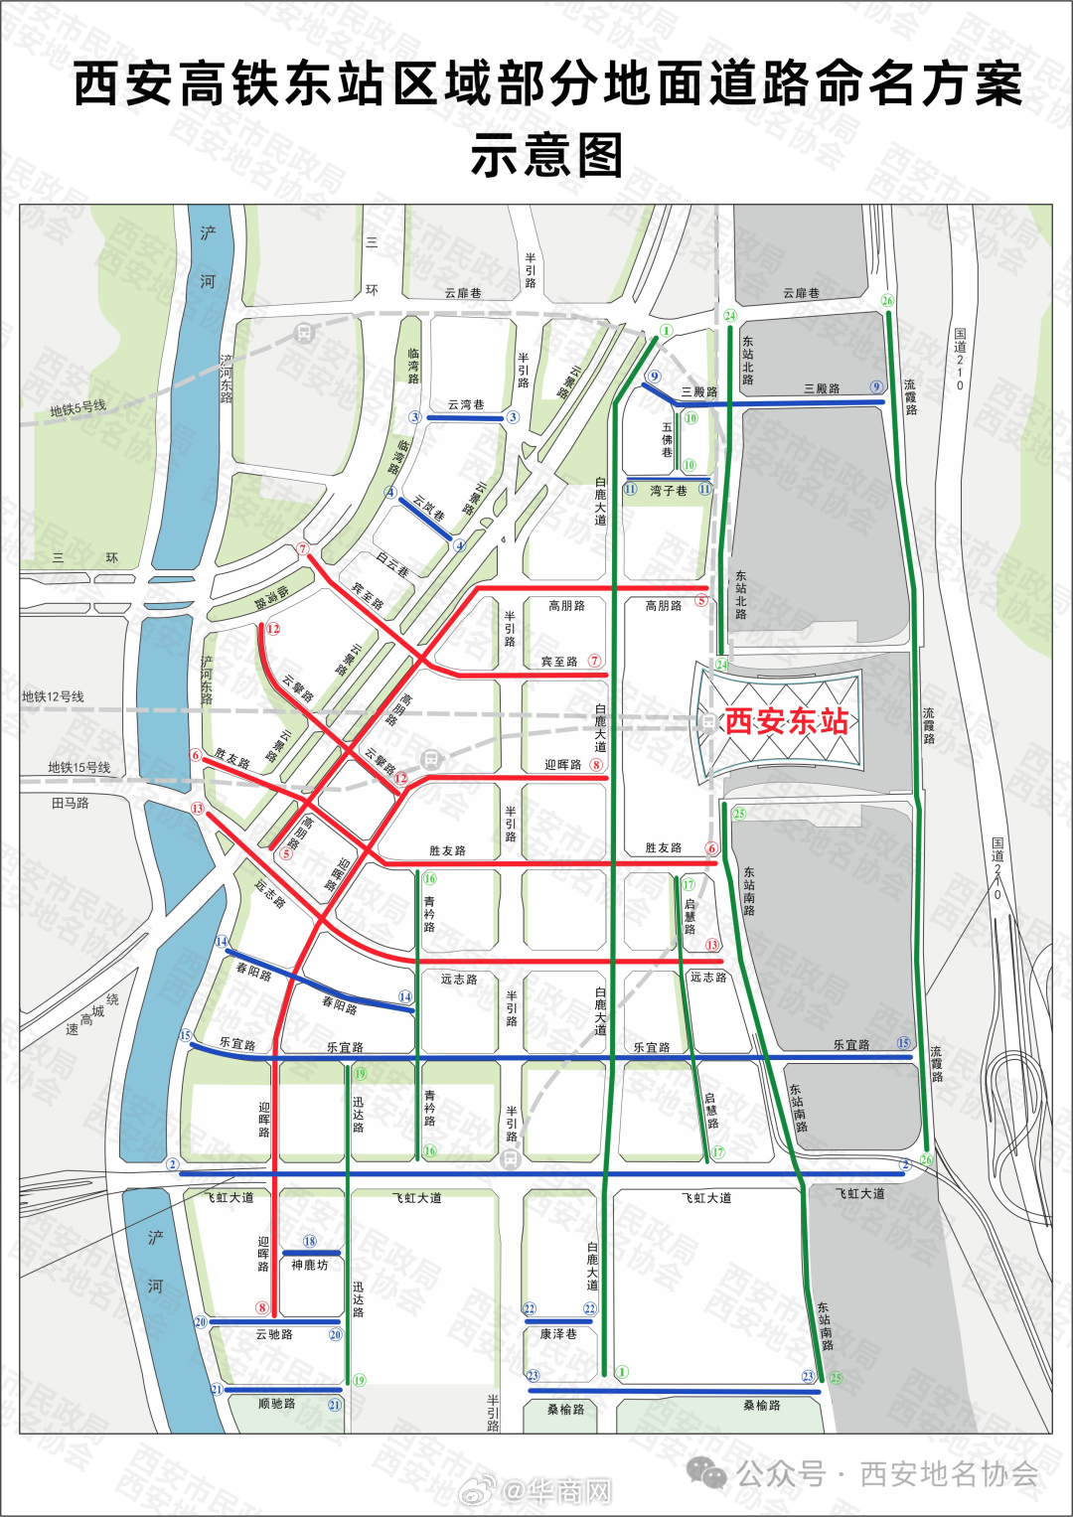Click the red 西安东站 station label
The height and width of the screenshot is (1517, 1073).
coord(786,720)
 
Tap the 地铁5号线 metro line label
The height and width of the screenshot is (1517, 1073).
coord(77,408)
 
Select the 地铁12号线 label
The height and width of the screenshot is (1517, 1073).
coord(53,696)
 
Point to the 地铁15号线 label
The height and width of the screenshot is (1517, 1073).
coord(79,767)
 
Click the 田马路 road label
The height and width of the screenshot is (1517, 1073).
coord(70,803)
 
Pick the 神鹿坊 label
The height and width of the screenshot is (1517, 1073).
coord(309,1265)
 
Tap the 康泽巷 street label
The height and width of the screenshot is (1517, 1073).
coord(557,1334)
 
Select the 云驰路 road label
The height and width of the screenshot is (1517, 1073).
coord(274,1334)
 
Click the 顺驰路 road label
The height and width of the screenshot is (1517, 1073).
coord(276,1404)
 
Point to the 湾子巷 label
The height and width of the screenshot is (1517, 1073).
coord(668,491)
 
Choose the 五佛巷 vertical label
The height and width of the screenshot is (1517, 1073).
coord(668,439)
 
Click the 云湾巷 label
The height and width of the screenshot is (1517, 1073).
coord(465,404)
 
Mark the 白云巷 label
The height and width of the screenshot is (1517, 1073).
coord(392,564)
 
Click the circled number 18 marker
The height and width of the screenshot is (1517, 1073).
coord(310,1241)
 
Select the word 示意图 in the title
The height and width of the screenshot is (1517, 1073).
coord(547,156)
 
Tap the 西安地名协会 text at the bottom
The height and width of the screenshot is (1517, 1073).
coord(949,1473)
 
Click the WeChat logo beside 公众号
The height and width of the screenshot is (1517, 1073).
coord(707,1472)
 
